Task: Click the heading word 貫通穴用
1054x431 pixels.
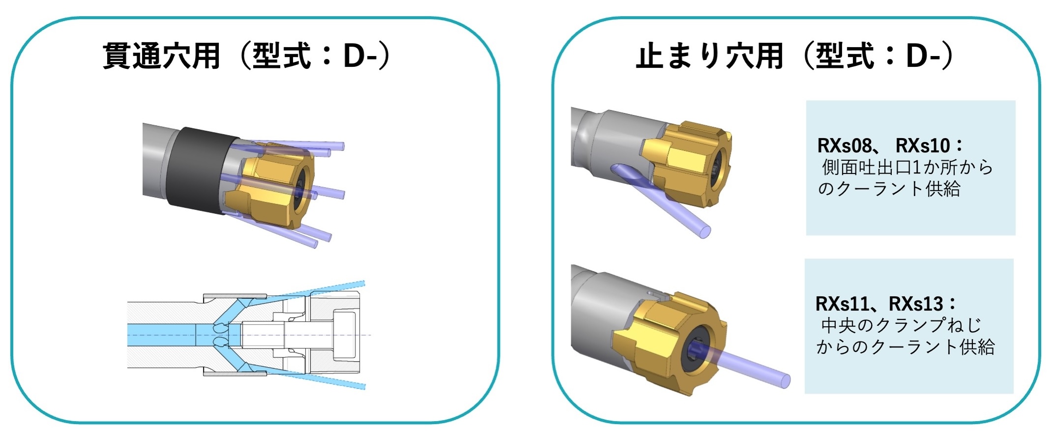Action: click(161, 56)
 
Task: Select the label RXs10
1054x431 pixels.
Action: click(923, 145)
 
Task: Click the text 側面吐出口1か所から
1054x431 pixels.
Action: click(908, 168)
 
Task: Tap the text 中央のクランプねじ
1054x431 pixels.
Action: click(901, 325)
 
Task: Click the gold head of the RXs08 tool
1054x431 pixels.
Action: click(688, 162)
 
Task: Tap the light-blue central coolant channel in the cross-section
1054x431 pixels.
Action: click(162, 335)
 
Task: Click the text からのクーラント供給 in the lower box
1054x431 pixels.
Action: click(905, 347)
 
